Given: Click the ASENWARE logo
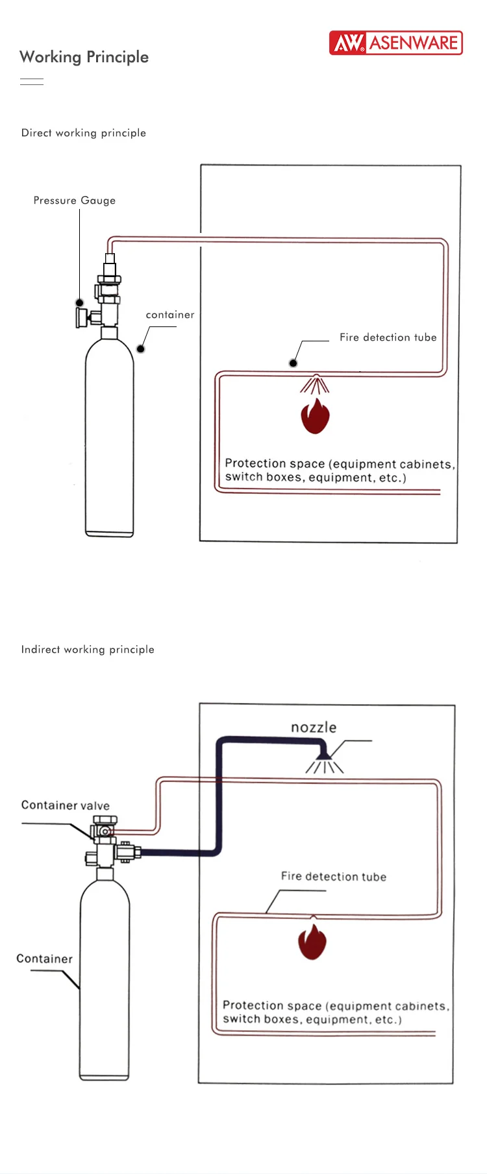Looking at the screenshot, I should [395, 43].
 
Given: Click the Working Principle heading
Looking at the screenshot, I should [84, 57].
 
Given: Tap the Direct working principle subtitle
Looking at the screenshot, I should [84, 133].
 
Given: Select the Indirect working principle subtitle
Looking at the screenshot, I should [88, 650].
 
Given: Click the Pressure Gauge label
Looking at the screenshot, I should [75, 201].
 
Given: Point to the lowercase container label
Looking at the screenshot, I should [170, 315].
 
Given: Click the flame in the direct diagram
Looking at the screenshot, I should [315, 417].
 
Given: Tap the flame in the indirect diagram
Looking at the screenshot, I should [312, 942].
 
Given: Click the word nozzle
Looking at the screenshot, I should [314, 728].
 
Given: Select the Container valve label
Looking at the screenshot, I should [66, 805].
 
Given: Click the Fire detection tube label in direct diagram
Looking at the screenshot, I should [388, 337].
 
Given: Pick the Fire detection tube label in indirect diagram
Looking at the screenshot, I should [334, 877].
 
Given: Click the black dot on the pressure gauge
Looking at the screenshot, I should [79, 302].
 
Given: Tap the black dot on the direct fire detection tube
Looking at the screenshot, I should [293, 363].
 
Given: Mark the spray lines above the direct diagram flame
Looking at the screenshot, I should [315, 385].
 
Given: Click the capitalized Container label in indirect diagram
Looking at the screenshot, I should [44, 959].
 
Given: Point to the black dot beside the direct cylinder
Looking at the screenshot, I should [140, 349].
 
